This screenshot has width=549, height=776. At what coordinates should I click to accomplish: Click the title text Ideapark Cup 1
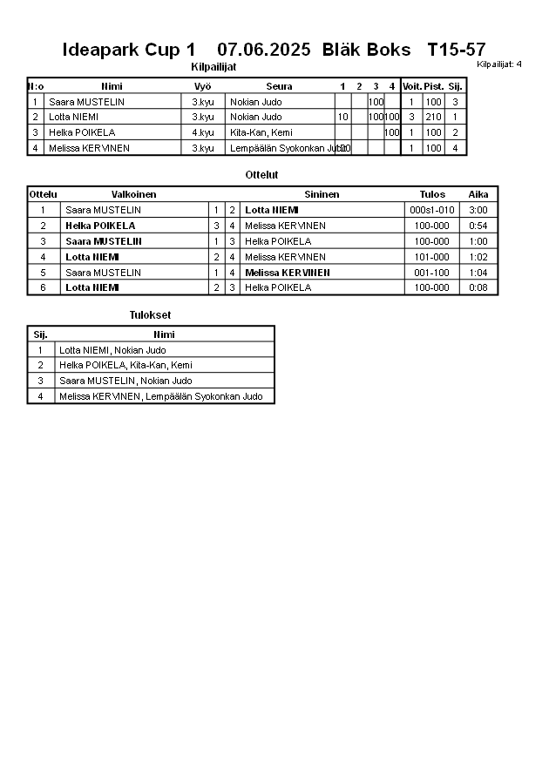129,50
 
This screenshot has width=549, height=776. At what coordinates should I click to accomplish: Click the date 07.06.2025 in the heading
263,50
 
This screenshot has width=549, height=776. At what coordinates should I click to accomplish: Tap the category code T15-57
457,50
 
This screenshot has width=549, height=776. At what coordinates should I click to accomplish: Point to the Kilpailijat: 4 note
499,64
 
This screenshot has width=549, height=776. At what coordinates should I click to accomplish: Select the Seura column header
279,86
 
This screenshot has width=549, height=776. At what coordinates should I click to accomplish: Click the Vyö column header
203,86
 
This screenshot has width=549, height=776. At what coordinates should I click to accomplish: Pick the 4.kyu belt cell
203,132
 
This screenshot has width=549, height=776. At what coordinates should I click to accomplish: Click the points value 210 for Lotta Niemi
433,117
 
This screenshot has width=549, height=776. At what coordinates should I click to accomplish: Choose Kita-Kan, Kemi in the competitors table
261,132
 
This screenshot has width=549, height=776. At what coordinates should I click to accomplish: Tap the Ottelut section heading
261,175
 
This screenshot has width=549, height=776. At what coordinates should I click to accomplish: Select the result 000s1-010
432,210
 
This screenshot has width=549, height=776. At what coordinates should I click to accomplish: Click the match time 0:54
478,226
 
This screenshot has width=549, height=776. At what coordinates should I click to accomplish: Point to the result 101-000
432,257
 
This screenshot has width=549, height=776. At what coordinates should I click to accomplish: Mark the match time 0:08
478,287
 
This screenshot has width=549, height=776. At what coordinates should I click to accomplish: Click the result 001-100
432,273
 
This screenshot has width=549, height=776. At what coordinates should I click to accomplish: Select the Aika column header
478,194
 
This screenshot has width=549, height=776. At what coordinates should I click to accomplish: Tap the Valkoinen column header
134,194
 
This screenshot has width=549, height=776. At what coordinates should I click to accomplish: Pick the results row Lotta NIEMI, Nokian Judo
112,350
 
